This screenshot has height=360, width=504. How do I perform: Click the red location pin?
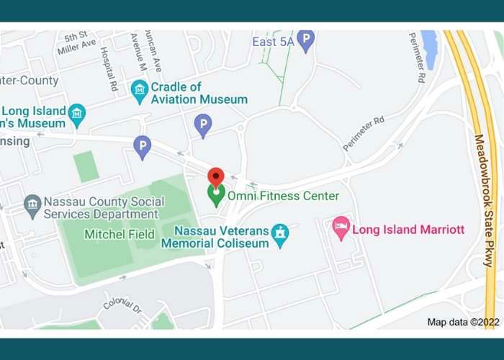pyautogui.click(x=216, y=176)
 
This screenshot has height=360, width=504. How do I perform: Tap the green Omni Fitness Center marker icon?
pyautogui.click(x=216, y=195)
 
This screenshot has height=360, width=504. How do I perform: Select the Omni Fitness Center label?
pyautogui.click(x=283, y=196)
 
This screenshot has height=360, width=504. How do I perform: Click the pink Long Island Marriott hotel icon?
pyautogui.click(x=341, y=229)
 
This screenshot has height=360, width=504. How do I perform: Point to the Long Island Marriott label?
pyautogui.click(x=408, y=230)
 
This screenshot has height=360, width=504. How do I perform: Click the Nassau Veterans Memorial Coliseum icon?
pyautogui.click(x=279, y=233)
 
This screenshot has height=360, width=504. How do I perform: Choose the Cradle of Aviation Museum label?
pyautogui.click(x=199, y=94)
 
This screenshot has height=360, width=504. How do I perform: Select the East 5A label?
pyautogui.click(x=273, y=42)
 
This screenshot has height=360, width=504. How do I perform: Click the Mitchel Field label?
pyautogui.click(x=115, y=234)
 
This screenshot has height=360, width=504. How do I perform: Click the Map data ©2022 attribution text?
pyautogui.click(x=463, y=322)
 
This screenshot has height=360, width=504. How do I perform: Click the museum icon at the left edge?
pyautogui.click(x=76, y=112)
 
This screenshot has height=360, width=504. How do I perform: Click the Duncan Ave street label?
pyautogui.click(x=153, y=44)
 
